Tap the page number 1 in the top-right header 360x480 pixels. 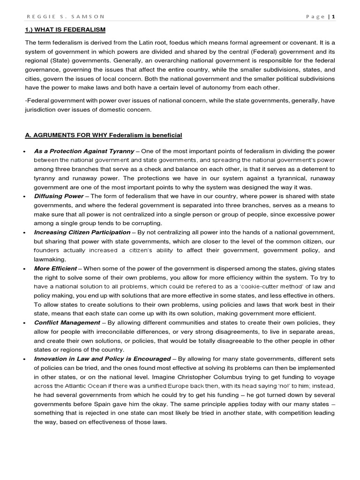click(334, 16)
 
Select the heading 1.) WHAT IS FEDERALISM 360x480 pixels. click(65, 30)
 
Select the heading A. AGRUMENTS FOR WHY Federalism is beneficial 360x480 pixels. click(103, 135)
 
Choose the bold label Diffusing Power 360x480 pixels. click(59, 196)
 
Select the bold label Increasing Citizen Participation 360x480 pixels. click(82, 232)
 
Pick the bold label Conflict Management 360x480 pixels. click(67, 322)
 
